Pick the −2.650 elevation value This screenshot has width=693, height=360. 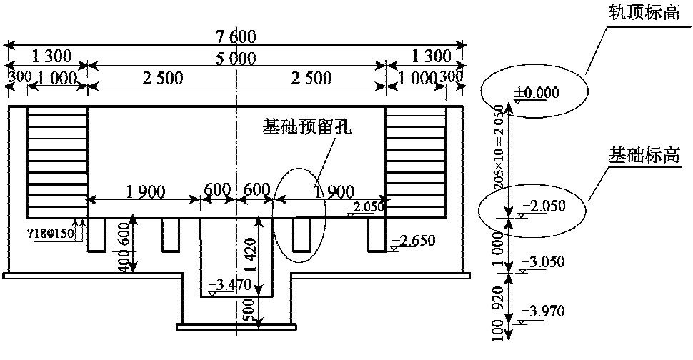414,239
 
